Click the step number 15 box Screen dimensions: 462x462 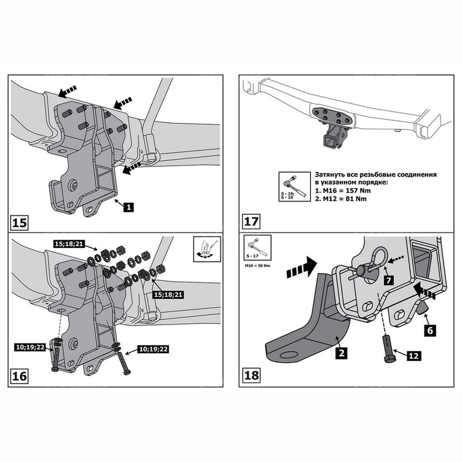(19, 223)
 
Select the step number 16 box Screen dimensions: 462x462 (19, 376)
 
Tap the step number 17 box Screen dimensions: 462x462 (250, 222)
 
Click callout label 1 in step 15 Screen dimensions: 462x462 (129, 207)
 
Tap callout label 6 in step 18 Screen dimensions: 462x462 (430, 330)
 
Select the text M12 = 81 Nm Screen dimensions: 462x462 (341, 199)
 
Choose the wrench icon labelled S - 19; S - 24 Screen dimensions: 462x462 (294, 186)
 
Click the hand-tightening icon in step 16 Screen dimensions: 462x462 (207, 249)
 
